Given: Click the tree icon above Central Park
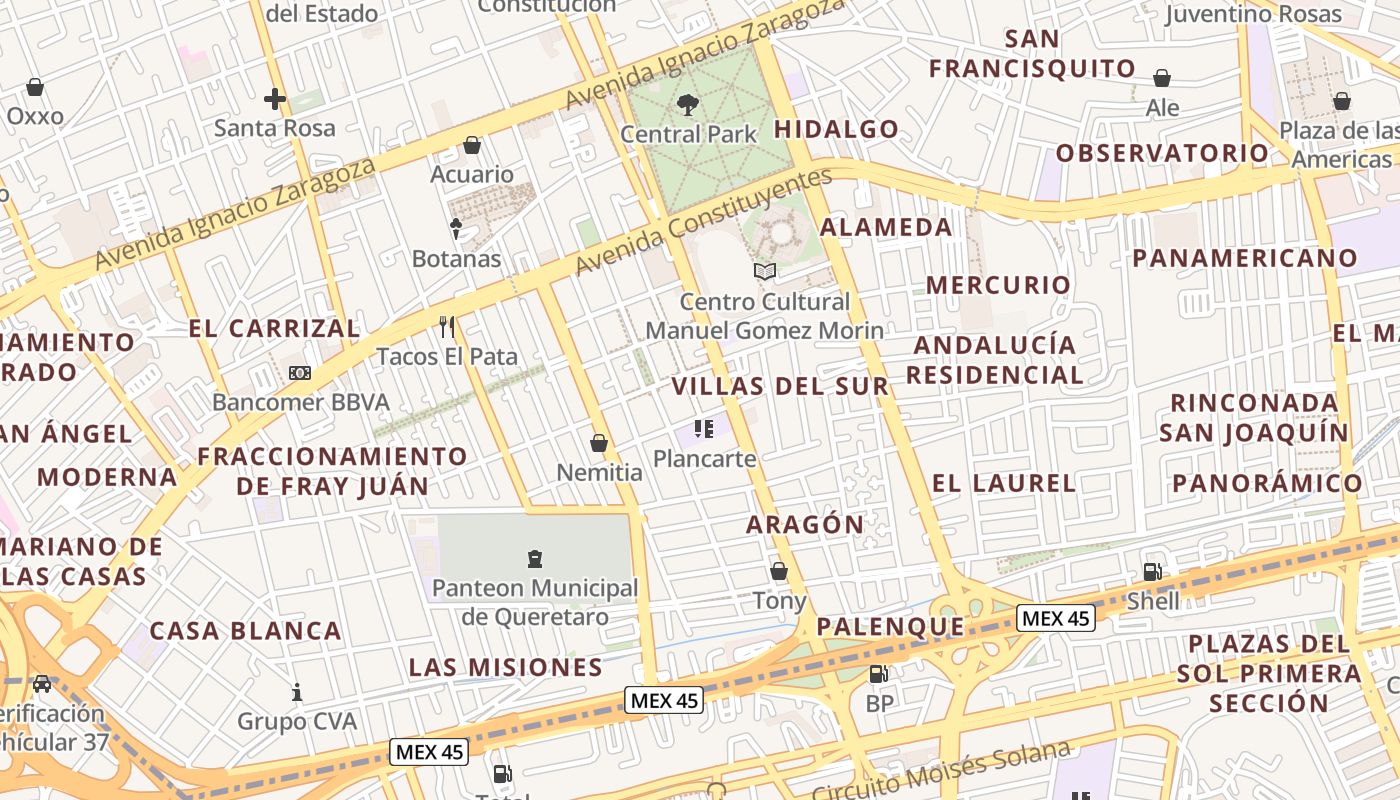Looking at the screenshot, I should point(687,104).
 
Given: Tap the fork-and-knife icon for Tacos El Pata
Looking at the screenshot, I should point(447,326).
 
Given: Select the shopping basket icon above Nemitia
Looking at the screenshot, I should point(599,443).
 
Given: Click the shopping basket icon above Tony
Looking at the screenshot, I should point(779,572).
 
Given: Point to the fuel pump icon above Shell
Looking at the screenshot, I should point(1152,572).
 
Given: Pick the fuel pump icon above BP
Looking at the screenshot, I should point(878,674).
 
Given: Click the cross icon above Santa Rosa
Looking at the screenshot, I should point(275,98).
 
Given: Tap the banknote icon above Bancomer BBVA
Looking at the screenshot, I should point(299,373).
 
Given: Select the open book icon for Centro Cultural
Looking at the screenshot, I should point(765,271).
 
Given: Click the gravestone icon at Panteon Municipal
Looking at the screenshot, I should point(534,558).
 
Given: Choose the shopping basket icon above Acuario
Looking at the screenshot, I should point(472,146).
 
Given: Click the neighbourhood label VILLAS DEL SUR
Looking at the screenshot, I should point(779,387).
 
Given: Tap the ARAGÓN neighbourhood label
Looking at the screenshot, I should point(805,525).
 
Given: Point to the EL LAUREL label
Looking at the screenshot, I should point(1003,484).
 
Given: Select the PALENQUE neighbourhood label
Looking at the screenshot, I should point(890,628).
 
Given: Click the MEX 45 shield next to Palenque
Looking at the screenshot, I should point(1055,618).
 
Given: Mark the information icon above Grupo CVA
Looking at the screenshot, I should point(297,692).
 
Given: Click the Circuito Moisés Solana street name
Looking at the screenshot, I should point(940,771).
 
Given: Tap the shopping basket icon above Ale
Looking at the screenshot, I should point(1162,78).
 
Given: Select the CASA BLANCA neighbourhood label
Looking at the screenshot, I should point(245,632).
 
